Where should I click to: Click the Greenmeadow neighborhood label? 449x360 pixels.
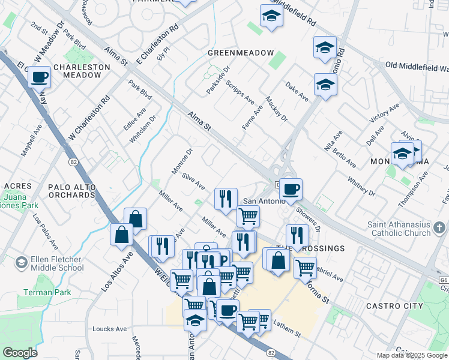240,53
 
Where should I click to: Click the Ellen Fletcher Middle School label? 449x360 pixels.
56,264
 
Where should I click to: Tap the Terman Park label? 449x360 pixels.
47,292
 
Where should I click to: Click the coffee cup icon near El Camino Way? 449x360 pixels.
39,77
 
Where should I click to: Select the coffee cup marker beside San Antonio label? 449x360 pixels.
291,190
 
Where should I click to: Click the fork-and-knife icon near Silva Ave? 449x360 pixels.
226,199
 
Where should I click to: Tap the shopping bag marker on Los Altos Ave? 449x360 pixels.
122,234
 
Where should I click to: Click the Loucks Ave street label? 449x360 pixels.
110,329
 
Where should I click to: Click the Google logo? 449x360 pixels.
20,353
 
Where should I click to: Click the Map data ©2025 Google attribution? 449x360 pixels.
411,355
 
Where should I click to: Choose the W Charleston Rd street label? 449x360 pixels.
89,119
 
